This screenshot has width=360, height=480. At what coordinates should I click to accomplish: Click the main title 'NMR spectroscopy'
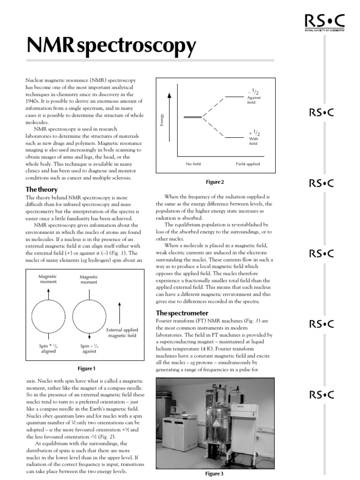[111, 46]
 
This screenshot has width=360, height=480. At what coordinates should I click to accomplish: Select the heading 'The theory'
[42, 189]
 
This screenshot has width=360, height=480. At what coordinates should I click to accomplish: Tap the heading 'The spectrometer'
[182, 313]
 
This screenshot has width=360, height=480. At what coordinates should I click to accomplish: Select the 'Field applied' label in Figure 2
[247, 164]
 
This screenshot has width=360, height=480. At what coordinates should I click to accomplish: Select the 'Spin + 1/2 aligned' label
[48, 348]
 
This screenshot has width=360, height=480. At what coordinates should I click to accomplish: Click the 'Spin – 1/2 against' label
[89, 348]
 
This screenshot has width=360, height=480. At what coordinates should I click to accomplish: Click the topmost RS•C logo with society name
[324, 22]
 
